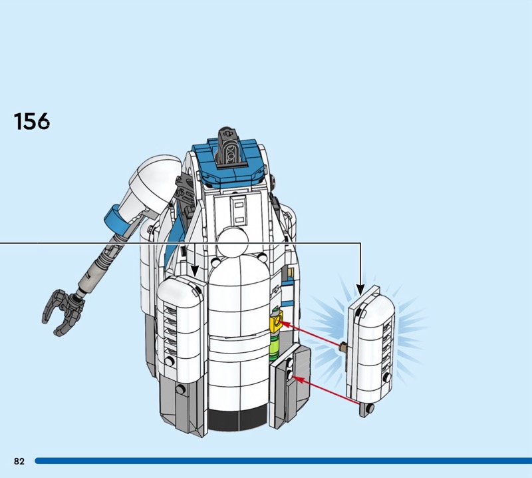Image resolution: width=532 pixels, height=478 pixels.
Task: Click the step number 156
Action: pos(31,121)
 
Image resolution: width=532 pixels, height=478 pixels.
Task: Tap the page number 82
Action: pos(19,461)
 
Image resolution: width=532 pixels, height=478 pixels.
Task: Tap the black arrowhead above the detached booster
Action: pos(360,290)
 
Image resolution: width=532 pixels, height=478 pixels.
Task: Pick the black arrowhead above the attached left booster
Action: pos(194,271)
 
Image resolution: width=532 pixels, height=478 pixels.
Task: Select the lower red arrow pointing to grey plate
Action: pos(327,390)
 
